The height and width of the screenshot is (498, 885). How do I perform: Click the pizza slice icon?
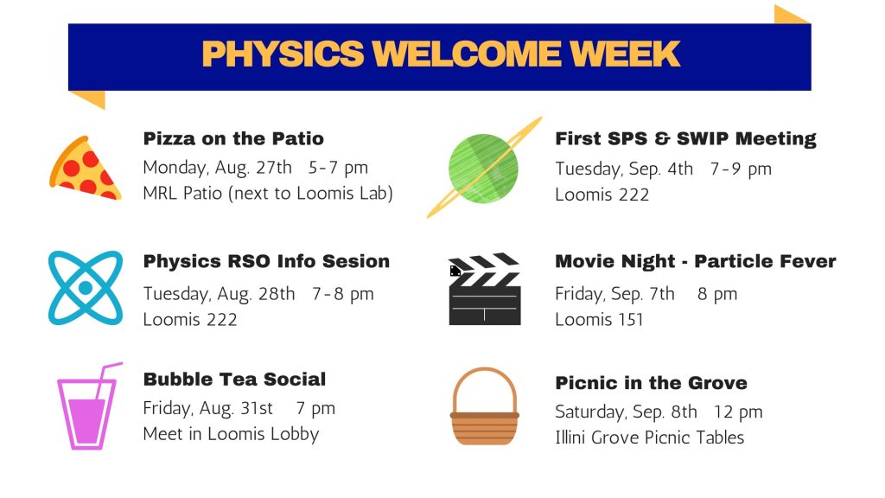pos(85,169)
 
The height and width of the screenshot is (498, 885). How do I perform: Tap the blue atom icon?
pos(86,288)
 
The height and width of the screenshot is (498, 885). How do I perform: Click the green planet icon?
pos(484,169)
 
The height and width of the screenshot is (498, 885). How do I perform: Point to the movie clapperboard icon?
pos(484,289)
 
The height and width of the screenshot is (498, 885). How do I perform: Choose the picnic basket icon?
pos(484,406)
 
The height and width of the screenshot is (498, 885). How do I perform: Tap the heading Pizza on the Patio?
pos(233,138)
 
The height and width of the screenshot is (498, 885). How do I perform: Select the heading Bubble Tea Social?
pos(234,379)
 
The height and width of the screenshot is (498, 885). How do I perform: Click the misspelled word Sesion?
pos(355,261)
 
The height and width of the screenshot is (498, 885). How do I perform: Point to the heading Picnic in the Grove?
pos(651,383)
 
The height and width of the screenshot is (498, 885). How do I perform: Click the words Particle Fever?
pos(765,261)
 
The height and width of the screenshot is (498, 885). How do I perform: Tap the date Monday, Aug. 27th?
pos(217,168)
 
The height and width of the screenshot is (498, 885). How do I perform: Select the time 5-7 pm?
pos(338,168)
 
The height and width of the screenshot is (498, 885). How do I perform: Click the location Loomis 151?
pos(599,320)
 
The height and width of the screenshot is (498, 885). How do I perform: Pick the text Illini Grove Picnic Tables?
pos(650,437)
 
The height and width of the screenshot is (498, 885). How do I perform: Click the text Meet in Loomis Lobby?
pos(231,434)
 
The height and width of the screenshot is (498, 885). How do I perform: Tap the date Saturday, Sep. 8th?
pos(626,412)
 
